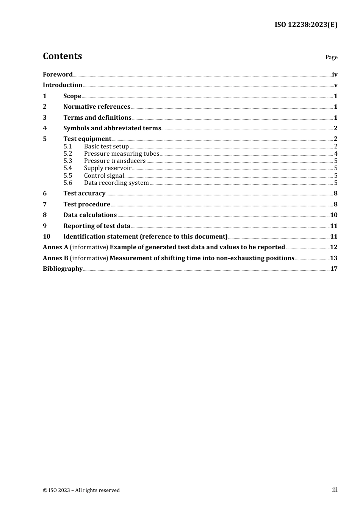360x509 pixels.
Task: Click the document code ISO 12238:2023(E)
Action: tap(306, 25)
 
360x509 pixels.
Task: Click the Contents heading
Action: tap(62, 56)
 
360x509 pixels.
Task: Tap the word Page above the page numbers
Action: tap(331, 57)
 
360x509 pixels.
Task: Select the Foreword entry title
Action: tap(58, 75)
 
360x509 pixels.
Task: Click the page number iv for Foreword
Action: tap(335, 75)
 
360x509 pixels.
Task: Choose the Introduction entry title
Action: tap(63, 85)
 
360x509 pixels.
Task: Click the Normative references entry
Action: tap(97, 107)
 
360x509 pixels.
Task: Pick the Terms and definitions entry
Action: tap(97, 118)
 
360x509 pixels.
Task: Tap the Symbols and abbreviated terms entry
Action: tap(112, 128)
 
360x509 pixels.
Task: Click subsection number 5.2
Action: tap(68, 154)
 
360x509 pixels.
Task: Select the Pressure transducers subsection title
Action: tap(114, 161)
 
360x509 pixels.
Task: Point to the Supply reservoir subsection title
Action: tap(108, 168)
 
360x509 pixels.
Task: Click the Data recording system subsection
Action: tap(116, 183)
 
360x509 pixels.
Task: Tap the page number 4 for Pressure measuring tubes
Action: tap(336, 154)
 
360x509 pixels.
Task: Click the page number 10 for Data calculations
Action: tap(333, 215)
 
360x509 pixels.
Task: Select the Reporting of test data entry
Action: tap(97, 226)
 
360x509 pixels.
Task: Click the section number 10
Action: tap(47, 237)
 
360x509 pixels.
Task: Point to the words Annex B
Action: tap(55, 258)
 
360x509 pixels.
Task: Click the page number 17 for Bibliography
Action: tap(333, 269)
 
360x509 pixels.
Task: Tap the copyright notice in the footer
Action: tap(81, 490)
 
